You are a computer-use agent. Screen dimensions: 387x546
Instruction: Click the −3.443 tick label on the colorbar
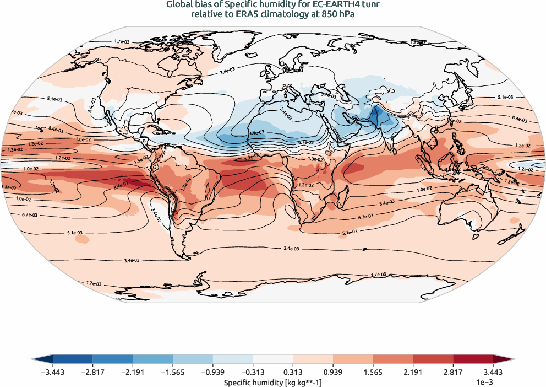[x=53, y=373]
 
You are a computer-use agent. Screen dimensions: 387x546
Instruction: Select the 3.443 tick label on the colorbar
[x=493, y=373]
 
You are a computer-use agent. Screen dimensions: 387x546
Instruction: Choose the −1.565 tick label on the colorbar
[x=173, y=373]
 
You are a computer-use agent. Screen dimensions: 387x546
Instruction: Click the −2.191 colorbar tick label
[x=133, y=373]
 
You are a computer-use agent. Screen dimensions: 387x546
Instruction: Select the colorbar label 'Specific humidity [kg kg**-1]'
[x=273, y=381]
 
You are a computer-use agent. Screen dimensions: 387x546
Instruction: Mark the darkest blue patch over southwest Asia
[x=378, y=116]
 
